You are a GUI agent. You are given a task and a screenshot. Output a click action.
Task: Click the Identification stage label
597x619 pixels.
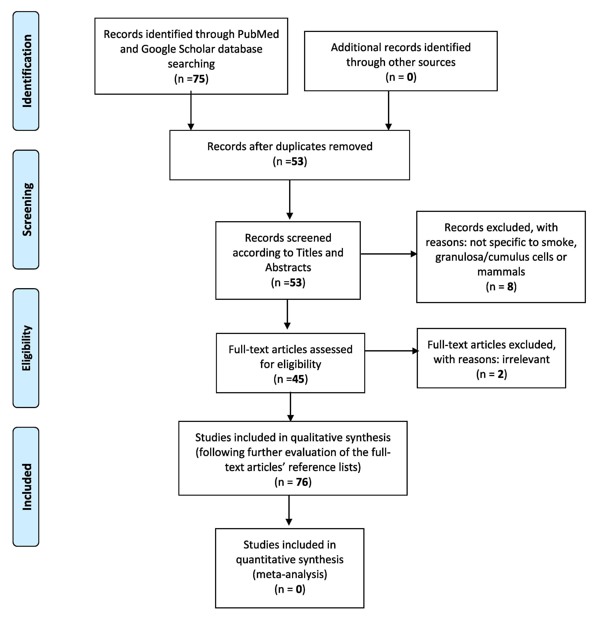click(26, 71)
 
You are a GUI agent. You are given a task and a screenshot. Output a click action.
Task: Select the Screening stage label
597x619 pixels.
click(26, 209)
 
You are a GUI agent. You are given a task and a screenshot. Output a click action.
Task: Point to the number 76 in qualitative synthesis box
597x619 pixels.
click(302, 482)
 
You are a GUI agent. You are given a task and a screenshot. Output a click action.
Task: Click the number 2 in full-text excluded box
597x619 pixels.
click(500, 374)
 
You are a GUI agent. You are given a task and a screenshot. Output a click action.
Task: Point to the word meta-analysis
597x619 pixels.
click(290, 574)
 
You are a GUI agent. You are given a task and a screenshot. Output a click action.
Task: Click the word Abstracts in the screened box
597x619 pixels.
click(288, 268)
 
